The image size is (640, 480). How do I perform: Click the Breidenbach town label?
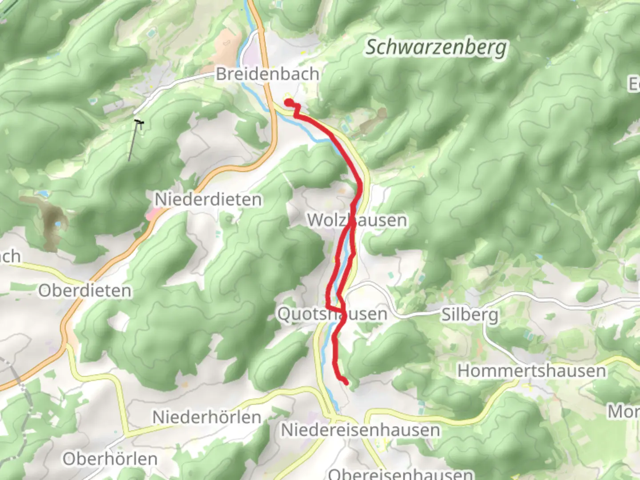pyautogui.click(x=267, y=74)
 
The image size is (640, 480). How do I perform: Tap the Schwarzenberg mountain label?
pyautogui.click(x=436, y=47)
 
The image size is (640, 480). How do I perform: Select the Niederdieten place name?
pyautogui.click(x=208, y=200)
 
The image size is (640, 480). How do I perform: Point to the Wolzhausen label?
pyautogui.click(x=357, y=220)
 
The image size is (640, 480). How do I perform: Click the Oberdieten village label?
pyautogui.click(x=85, y=291)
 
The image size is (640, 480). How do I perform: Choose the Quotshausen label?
pyautogui.click(x=332, y=314)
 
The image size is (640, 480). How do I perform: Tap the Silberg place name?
pyautogui.click(x=469, y=315)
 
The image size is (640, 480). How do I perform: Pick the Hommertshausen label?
pyautogui.click(x=532, y=371)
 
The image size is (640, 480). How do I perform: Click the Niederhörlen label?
pyautogui.click(x=207, y=417)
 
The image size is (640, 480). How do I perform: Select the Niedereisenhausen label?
pyautogui.click(x=360, y=430)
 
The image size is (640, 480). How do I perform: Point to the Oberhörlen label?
pyautogui.click(x=110, y=459)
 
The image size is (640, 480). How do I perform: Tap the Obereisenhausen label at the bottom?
pyautogui.click(x=400, y=474)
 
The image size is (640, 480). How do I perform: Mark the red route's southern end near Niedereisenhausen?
pyautogui.click(x=345, y=382)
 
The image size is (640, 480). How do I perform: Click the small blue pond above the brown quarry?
pyautogui.click(x=43, y=194)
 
